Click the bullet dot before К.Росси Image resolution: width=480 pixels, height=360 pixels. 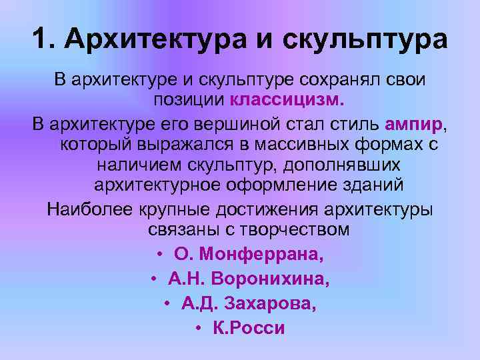click(199, 328)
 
